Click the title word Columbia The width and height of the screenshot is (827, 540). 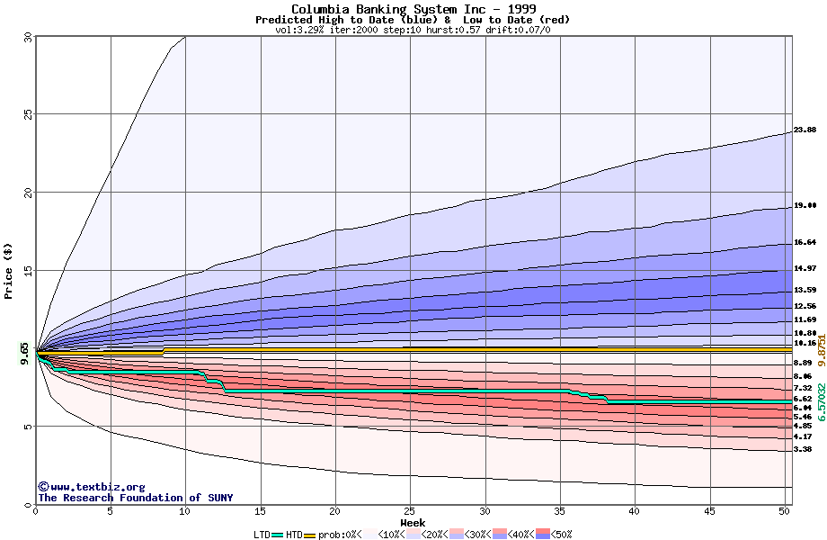[321, 9]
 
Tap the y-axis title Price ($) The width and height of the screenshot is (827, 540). [9, 270]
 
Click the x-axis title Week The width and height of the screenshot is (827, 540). [413, 522]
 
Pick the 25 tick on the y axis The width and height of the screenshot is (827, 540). [27, 114]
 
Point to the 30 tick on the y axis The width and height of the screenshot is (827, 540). [27, 37]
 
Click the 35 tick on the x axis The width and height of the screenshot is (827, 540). [559, 511]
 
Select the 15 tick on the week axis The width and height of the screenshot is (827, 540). [260, 511]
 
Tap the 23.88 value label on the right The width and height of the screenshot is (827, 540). [805, 130]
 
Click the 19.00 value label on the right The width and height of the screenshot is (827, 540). [805, 205]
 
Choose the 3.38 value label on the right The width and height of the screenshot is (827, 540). [804, 448]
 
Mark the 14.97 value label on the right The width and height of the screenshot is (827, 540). [805, 268]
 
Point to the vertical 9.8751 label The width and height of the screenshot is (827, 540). [821, 347]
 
